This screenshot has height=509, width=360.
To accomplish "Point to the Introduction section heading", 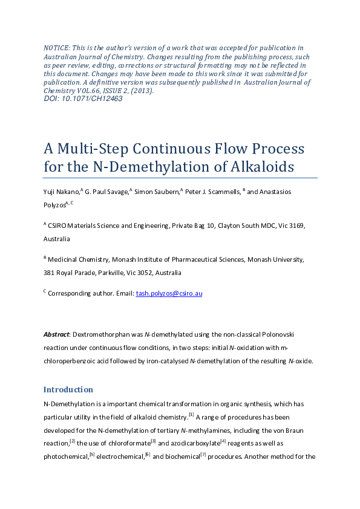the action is click(x=68, y=389).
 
